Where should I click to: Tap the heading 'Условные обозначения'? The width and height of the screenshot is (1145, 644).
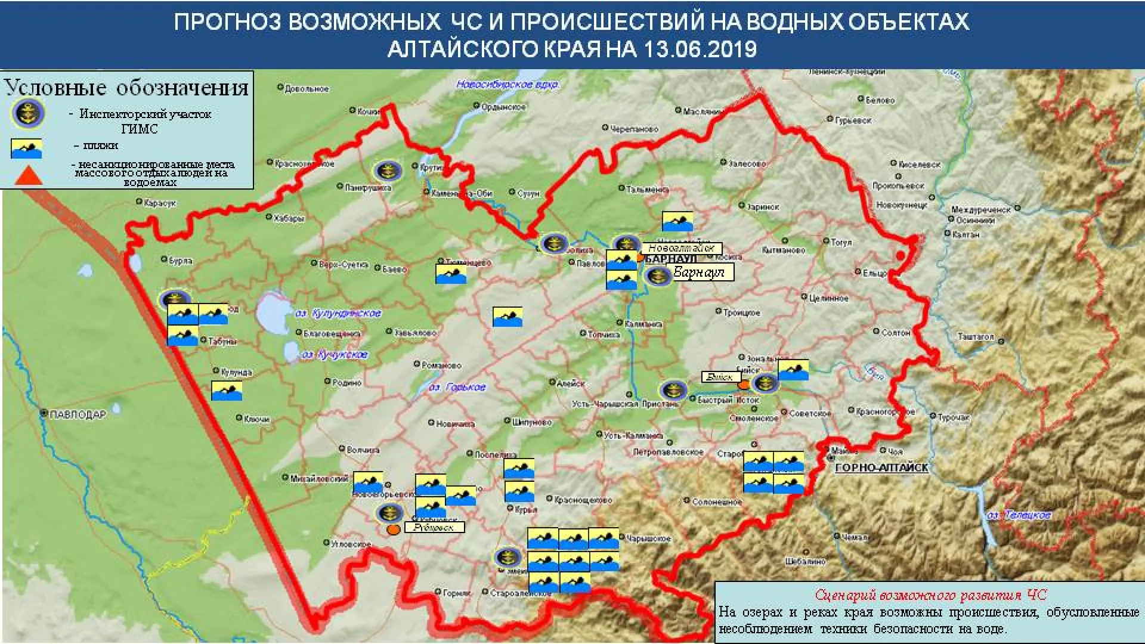126,88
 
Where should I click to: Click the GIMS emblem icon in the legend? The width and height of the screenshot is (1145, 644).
27,113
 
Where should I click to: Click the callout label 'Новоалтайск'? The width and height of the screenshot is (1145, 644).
681,248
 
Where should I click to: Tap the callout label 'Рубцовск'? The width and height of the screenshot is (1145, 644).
434,527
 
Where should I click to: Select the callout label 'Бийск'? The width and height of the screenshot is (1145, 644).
720,377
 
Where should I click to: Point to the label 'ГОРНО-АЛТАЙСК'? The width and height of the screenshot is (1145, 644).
881,468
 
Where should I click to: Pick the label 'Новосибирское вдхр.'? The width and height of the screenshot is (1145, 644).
507,85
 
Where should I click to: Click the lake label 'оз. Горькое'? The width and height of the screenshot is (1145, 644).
457,388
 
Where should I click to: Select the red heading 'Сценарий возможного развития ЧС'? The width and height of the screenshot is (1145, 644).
930,595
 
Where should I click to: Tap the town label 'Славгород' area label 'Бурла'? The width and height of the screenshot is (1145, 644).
181,261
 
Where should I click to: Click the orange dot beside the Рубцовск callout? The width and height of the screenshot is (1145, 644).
393,529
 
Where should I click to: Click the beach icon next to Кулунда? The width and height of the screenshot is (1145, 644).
227,390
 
